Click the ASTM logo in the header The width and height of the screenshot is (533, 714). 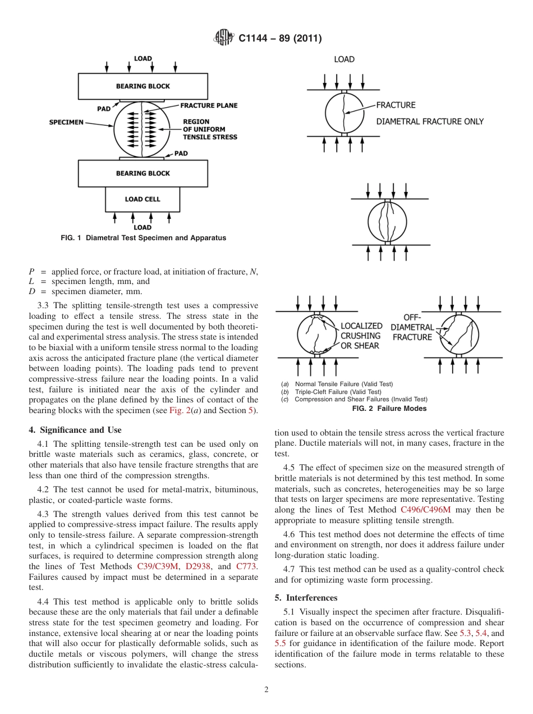224,38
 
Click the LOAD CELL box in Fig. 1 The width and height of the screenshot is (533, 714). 143,199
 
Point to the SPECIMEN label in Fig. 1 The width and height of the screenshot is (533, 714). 66,122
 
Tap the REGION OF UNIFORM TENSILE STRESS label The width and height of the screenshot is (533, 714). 210,129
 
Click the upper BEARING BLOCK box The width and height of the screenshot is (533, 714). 143,86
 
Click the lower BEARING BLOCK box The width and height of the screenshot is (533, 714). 143,173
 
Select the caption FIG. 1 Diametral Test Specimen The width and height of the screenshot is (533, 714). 143,238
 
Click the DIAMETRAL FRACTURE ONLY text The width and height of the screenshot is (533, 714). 429,121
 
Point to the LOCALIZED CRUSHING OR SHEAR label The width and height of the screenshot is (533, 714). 361,336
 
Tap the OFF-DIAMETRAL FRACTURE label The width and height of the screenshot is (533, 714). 412,327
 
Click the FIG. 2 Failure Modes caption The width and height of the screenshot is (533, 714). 389,409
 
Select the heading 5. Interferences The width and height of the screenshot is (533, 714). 306,598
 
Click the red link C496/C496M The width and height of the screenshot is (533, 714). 425,510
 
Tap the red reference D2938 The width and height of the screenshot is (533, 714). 197,566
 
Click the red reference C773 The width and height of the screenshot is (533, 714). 246,566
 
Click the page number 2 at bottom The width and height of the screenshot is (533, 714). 266,690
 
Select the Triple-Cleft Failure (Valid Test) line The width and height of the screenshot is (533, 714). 338,392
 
